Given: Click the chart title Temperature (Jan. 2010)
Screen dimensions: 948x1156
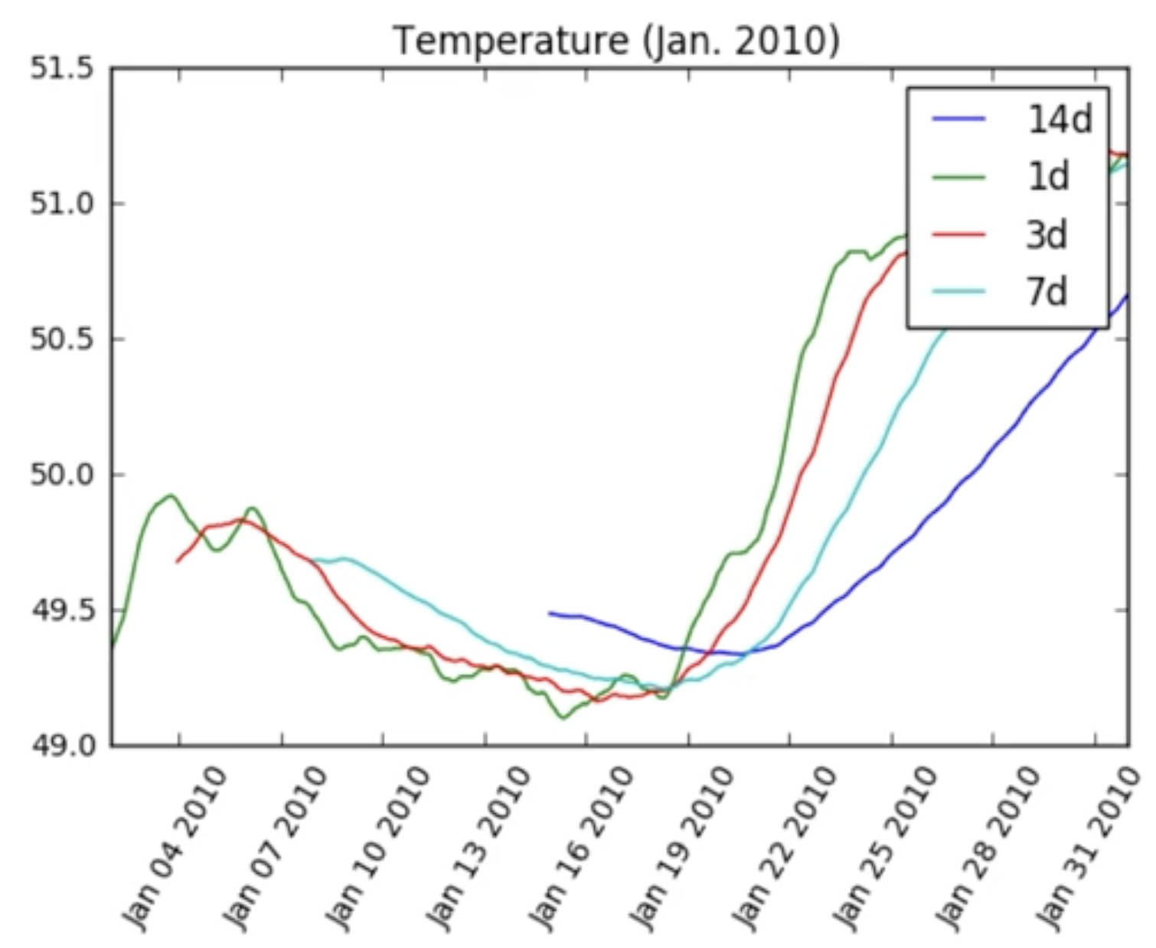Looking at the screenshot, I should [616, 40].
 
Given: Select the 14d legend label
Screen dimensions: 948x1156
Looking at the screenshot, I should [1060, 119].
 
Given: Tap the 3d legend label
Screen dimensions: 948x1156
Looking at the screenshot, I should [1047, 234].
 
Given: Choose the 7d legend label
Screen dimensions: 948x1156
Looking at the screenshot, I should [1047, 292].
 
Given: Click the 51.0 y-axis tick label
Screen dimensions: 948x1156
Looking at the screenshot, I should [62, 204].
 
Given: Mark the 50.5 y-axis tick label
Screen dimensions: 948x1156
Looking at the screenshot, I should [62, 339].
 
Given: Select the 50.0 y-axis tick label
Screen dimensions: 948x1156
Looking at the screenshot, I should [62, 475].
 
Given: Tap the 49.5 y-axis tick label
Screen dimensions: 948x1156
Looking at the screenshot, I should [62, 610].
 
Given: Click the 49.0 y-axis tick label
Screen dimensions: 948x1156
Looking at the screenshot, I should [62, 745].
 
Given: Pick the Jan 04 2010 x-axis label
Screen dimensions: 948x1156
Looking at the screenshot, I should [175, 846].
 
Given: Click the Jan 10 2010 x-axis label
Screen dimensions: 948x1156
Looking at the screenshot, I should [378, 846].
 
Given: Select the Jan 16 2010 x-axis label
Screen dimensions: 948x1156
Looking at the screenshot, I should [582, 846].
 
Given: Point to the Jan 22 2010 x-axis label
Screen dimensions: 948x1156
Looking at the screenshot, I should [785, 846].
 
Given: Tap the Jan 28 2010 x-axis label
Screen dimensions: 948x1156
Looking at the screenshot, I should [988, 846].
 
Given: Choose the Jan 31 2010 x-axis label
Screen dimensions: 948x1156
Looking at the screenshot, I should [1089, 846].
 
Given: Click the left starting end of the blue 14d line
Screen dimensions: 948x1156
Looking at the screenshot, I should [550, 613].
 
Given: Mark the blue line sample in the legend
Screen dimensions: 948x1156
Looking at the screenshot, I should [958, 119].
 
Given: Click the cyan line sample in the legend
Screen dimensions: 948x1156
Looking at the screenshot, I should [958, 292].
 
